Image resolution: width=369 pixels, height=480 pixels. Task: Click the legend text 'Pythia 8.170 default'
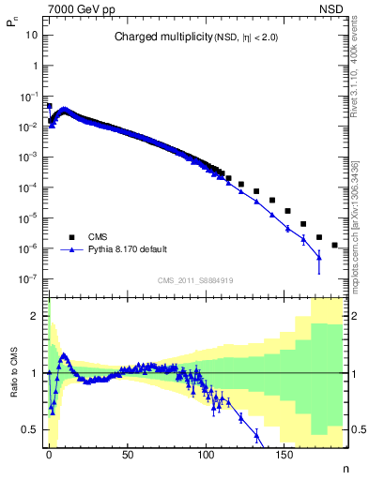coord(127,250)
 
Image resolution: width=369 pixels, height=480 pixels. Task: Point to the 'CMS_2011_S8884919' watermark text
coord(195,280)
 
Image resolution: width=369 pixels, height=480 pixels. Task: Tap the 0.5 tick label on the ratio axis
coord(31,429)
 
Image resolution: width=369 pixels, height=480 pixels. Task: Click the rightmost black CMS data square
coord(335,245)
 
